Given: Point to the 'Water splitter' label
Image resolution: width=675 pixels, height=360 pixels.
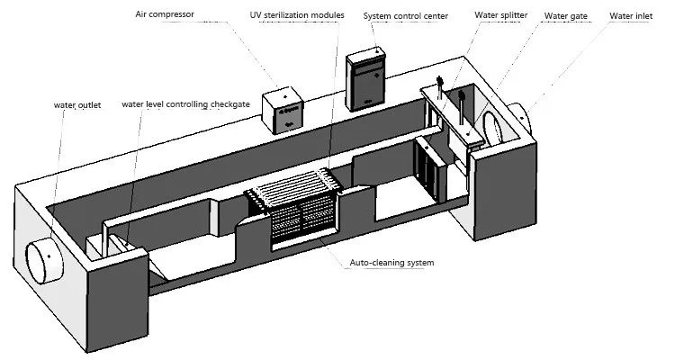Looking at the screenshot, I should tap(501, 16).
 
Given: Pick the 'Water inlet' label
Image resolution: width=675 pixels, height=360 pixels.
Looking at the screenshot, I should tap(633, 16).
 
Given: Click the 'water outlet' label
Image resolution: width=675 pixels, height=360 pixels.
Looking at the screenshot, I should tap(76, 105).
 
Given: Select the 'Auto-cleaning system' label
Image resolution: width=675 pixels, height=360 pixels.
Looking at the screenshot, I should tap(392, 263).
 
